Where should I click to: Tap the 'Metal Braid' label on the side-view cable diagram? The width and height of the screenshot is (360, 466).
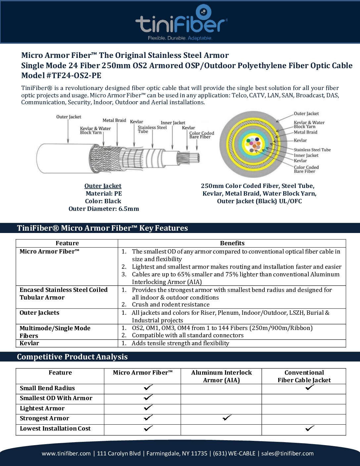(114, 120)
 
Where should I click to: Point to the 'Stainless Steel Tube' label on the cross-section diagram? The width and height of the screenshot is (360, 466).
(312, 150)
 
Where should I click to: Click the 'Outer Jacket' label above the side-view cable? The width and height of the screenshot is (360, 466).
(68, 117)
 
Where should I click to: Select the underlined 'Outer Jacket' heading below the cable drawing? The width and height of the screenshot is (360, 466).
(103, 186)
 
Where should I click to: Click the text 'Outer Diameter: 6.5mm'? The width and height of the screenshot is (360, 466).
(104, 209)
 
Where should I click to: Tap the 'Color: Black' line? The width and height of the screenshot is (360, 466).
(103, 201)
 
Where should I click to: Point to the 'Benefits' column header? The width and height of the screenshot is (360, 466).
(232, 243)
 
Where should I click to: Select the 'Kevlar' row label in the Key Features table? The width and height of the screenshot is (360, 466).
(29, 343)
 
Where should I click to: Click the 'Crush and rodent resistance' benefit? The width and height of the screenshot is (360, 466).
(170, 304)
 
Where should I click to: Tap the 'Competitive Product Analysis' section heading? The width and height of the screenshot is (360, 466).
(72, 357)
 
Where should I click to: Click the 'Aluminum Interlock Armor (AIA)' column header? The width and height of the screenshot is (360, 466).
(221, 376)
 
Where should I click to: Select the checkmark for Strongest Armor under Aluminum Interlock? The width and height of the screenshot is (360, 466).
(227, 418)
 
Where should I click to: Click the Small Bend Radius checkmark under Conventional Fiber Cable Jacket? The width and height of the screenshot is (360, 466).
(310, 387)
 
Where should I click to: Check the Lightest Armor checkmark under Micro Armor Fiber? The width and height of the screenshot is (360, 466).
(148, 407)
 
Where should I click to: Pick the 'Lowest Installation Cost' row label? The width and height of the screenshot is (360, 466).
(55, 429)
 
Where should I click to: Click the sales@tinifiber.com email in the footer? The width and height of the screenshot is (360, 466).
(287, 453)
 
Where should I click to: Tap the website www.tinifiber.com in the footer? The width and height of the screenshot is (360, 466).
(66, 453)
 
